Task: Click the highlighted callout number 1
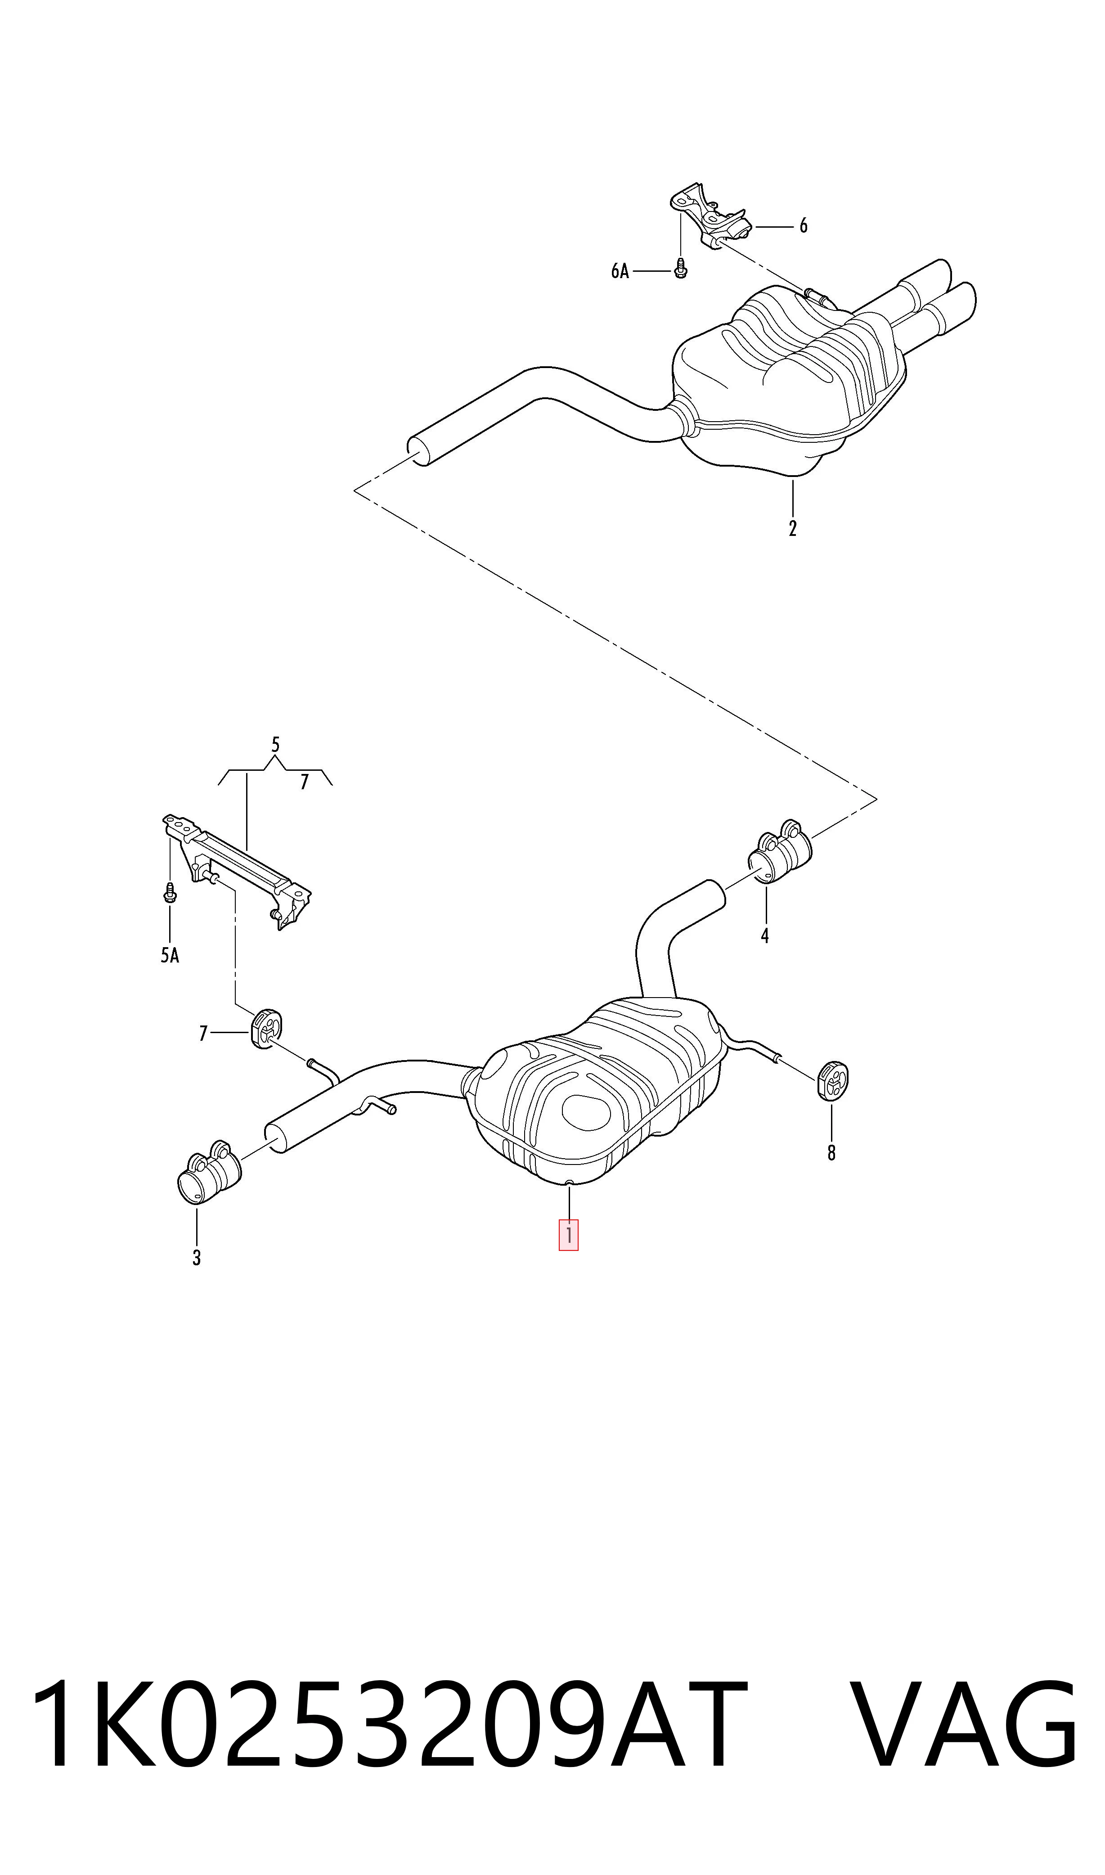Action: pyautogui.click(x=568, y=1235)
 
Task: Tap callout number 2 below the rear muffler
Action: pyautogui.click(x=792, y=529)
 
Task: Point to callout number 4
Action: pyautogui.click(x=765, y=936)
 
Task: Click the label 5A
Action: pyautogui.click(x=170, y=955)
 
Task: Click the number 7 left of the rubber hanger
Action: pyautogui.click(x=202, y=1034)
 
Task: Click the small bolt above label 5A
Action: pyautogui.click(x=170, y=893)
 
